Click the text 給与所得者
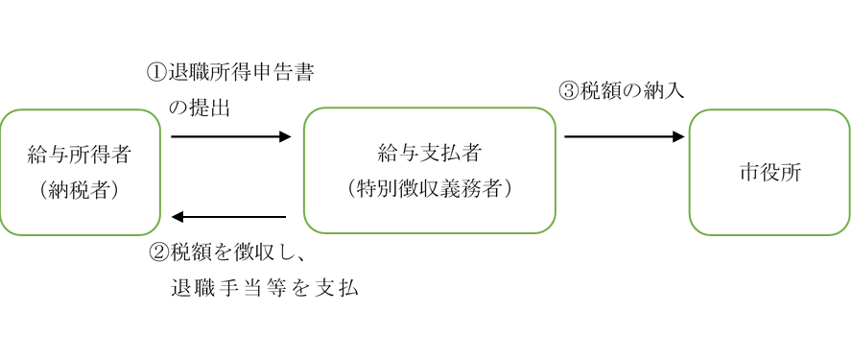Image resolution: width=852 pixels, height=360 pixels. tap(79, 154)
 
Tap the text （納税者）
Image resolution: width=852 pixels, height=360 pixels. tap(79, 190)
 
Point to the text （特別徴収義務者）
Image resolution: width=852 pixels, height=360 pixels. tap(429, 189)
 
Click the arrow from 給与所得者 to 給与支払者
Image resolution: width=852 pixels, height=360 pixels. tap(230, 136)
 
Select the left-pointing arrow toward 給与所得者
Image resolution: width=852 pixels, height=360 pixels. tap(230, 217)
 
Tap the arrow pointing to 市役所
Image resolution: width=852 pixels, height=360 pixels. tap(624, 136)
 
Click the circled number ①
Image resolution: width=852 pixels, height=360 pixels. tap(156, 73)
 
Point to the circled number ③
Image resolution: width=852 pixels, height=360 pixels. tap(571, 91)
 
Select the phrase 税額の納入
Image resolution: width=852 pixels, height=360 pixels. tap(633, 91)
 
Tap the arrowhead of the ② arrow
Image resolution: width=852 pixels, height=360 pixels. tap(177, 217)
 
